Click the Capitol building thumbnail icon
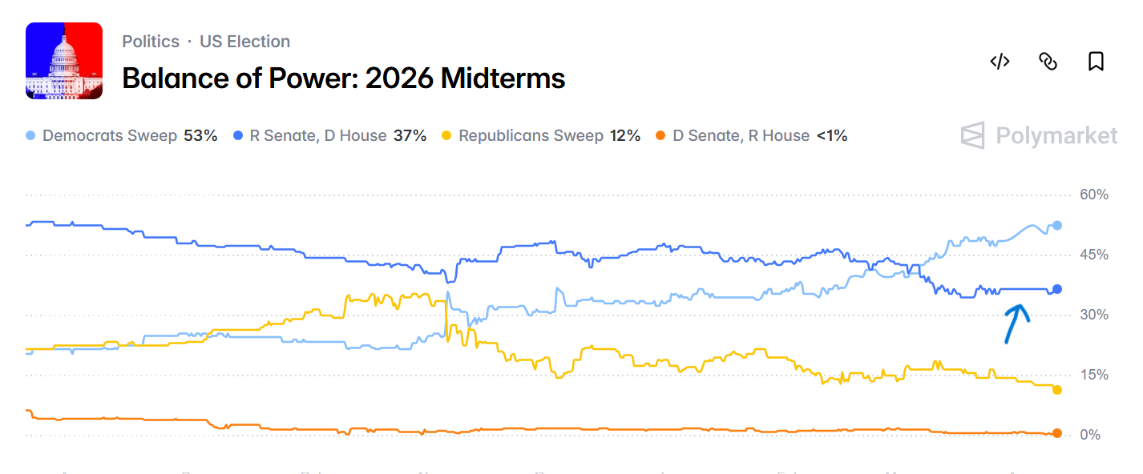[x=64, y=61]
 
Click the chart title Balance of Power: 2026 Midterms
[x=344, y=78]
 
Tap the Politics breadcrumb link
[x=151, y=42]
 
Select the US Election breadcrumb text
[x=244, y=42]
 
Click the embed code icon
[x=1000, y=62]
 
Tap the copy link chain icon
[x=1048, y=62]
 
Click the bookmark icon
[x=1096, y=62]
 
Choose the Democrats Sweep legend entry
[x=122, y=136]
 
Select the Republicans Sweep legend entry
[x=541, y=136]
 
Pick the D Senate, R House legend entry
[x=751, y=136]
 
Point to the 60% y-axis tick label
[x=1093, y=195]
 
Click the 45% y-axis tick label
[x=1093, y=255]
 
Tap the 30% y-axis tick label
[x=1093, y=315]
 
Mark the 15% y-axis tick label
[x=1093, y=375]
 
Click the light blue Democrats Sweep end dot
[x=1057, y=226]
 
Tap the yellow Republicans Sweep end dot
[x=1057, y=390]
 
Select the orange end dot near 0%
[x=1057, y=433]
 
